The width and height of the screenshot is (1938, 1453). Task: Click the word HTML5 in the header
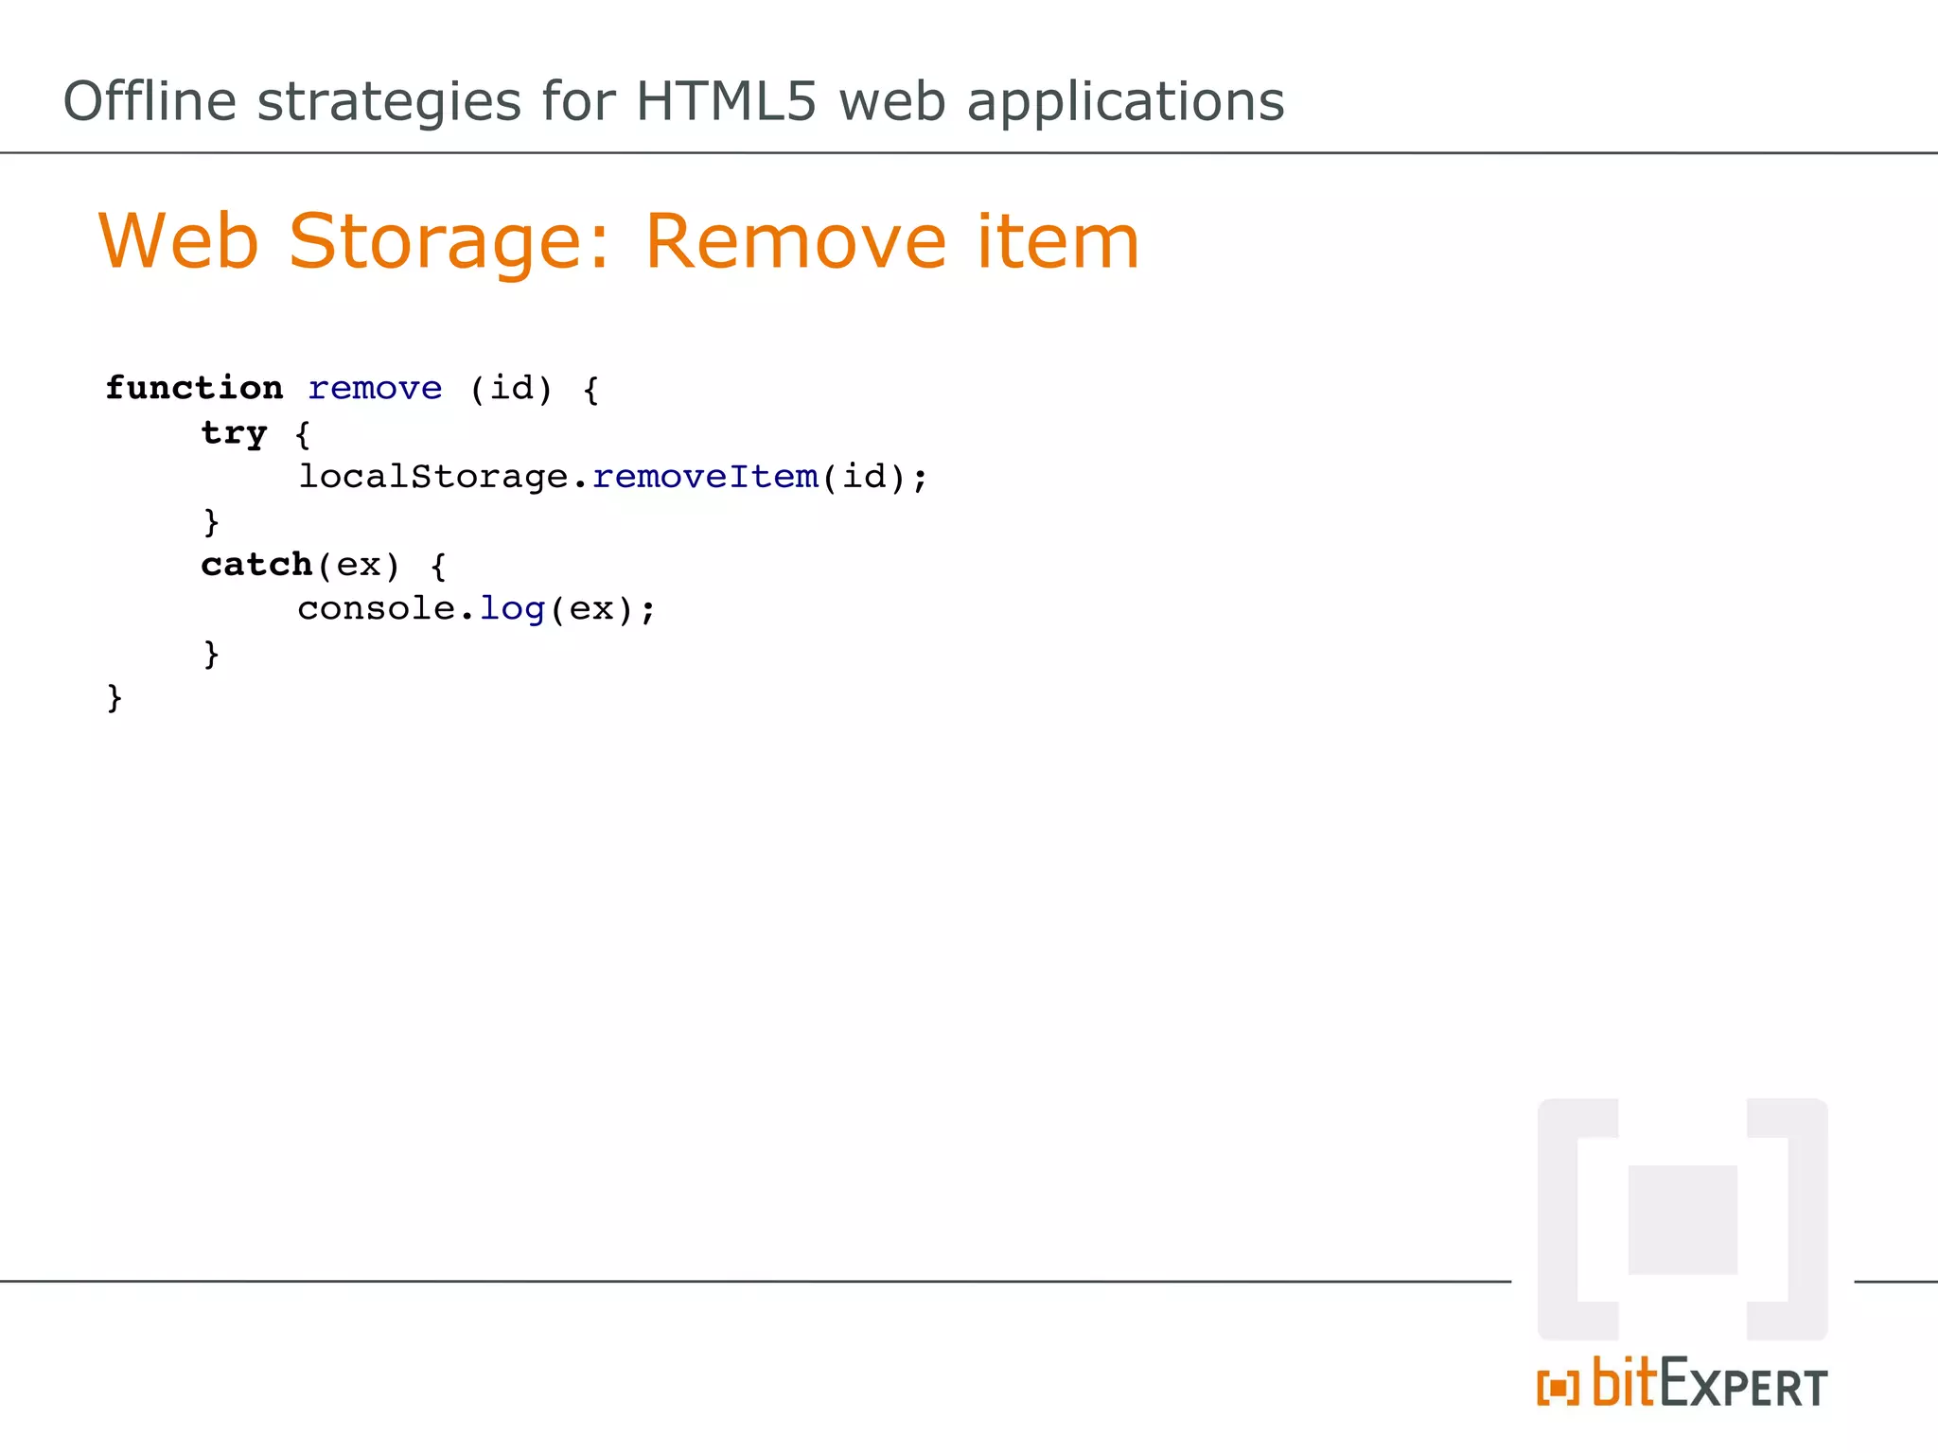coord(726,101)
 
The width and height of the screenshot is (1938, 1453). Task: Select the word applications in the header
coord(1125,101)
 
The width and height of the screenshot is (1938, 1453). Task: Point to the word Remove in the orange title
coord(795,242)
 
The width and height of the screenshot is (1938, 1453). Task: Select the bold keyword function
coord(194,388)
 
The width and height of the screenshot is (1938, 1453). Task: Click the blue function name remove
coord(375,389)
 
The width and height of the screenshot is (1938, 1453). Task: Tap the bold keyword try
coord(234,434)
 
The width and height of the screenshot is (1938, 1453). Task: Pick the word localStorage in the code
coord(433,477)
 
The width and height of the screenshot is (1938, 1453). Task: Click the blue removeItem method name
coord(705,477)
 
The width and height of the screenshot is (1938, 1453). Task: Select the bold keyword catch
coord(256,565)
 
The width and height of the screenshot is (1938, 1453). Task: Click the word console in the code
coord(377,609)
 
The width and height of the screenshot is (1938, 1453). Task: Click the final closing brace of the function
coord(115,698)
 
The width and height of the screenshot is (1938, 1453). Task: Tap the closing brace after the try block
coord(211,521)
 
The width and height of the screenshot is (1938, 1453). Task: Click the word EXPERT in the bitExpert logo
coord(1743,1386)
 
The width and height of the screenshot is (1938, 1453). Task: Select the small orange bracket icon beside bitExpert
coord(1558,1388)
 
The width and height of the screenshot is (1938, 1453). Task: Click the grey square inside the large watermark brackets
coord(1683,1219)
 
